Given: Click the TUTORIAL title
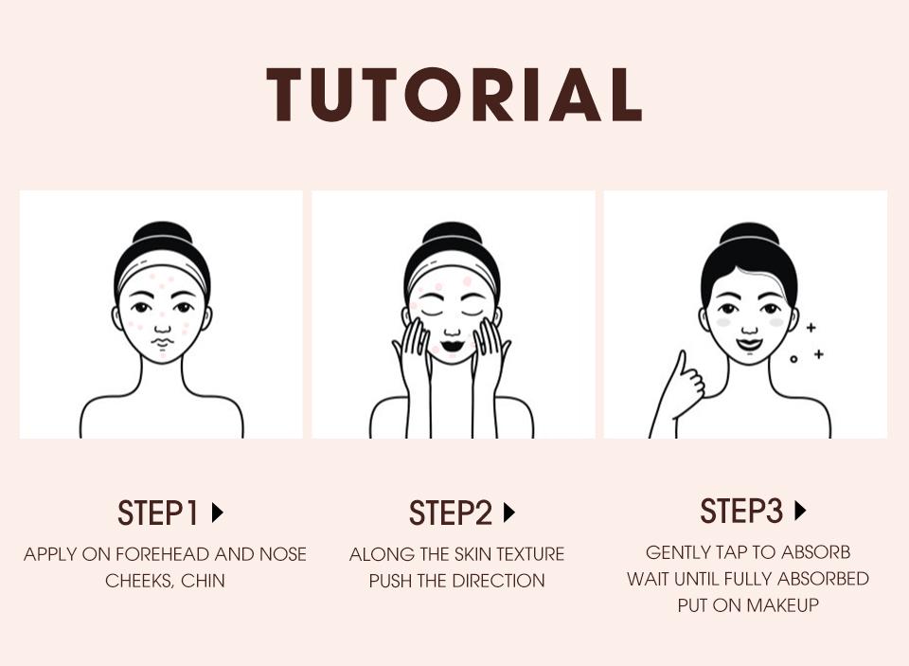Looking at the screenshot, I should (x=454, y=95).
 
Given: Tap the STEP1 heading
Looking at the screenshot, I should (x=158, y=513).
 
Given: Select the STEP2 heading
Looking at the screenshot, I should (x=451, y=513).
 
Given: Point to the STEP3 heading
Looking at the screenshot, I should (x=741, y=512).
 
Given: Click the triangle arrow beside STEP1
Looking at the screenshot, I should (x=218, y=513).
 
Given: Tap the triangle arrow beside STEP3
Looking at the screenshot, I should (x=800, y=512).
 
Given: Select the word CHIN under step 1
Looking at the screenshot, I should (x=204, y=581).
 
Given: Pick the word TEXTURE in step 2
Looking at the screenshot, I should (x=525, y=554).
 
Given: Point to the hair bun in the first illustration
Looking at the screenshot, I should (x=161, y=234).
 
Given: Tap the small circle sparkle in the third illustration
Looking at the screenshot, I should (x=793, y=358).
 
